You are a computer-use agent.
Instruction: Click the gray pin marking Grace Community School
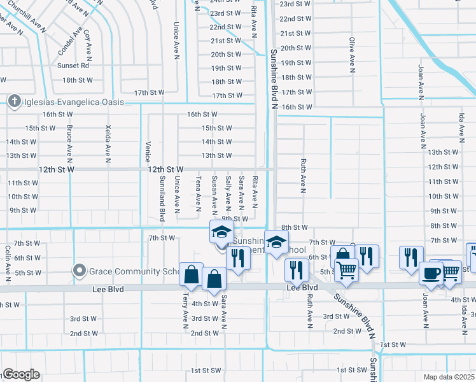coord(80,271)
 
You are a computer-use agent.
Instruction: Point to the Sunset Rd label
coord(73,66)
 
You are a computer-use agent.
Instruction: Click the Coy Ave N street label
coord(87,43)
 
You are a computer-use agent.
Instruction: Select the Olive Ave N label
coord(351,52)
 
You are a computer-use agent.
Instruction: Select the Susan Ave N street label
coord(214,193)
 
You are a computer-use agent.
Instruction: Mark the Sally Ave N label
coord(228,192)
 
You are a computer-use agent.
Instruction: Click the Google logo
coord(20,374)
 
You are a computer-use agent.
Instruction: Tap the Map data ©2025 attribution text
coord(449,377)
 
